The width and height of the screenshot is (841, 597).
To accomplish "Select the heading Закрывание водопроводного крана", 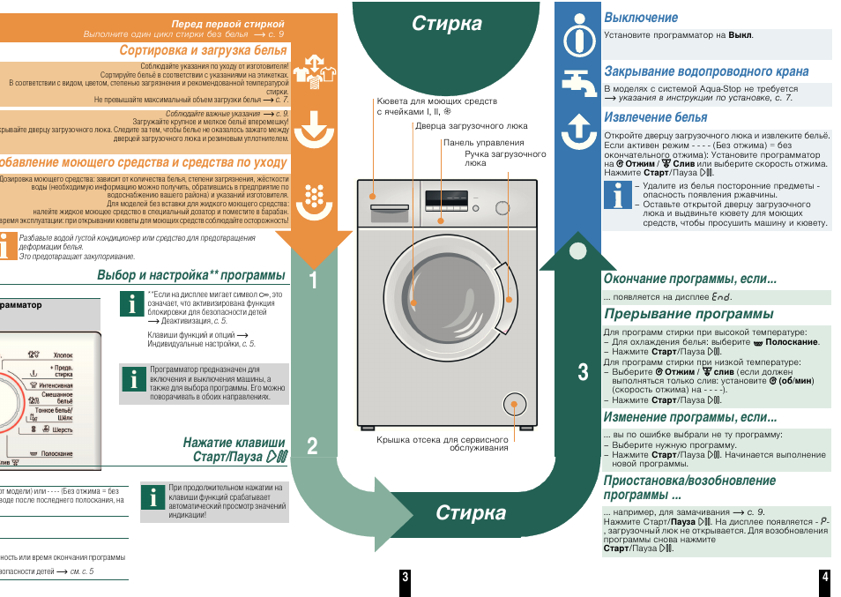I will point(705,71).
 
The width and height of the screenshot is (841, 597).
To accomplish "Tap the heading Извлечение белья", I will point(655,117).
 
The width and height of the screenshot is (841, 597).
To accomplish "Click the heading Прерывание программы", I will point(688,314).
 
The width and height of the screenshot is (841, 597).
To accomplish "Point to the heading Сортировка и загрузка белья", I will point(204,50).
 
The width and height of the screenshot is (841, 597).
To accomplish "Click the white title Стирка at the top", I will point(447,24).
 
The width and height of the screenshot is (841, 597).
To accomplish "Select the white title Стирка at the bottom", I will point(471,513).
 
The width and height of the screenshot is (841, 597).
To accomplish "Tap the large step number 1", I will point(314,280).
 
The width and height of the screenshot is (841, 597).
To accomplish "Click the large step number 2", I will point(313,446).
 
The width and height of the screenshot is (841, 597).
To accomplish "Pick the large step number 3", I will point(583,372).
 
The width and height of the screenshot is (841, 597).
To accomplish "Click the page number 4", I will point(824,577).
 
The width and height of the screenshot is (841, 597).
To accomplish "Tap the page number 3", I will point(405,577).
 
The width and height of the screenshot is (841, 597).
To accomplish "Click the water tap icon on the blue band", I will point(578,84).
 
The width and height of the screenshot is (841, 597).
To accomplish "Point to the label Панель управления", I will point(483,142).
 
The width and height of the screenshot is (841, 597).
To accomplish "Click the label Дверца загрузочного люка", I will point(472,126).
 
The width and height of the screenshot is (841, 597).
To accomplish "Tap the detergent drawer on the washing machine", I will point(390,210).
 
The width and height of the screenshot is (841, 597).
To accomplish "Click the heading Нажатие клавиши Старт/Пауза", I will point(234,450).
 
